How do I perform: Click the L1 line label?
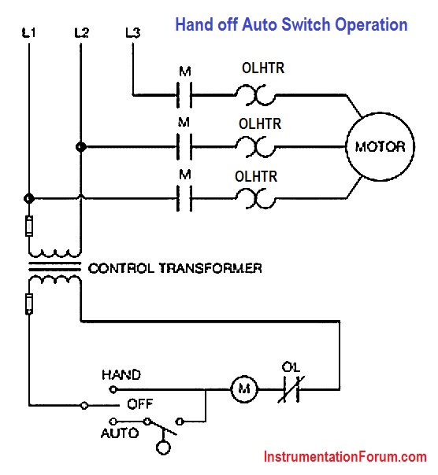(x=29, y=32)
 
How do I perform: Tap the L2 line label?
(x=81, y=32)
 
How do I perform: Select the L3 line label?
(x=133, y=33)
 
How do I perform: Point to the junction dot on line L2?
(x=80, y=147)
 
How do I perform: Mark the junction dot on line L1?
(x=29, y=199)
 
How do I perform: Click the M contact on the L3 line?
(x=184, y=95)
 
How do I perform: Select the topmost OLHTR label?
(x=263, y=68)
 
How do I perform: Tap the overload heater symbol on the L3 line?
(x=255, y=95)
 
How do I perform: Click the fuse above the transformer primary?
(x=29, y=226)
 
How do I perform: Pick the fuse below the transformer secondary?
(x=29, y=304)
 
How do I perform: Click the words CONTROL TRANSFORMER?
(x=175, y=268)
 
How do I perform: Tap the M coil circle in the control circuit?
(x=244, y=389)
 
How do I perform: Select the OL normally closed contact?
(x=291, y=389)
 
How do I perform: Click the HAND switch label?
(x=121, y=374)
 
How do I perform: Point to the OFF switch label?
(x=140, y=403)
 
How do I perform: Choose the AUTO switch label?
(x=120, y=433)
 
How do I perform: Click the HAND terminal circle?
(x=113, y=389)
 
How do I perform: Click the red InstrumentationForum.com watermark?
(x=345, y=457)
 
